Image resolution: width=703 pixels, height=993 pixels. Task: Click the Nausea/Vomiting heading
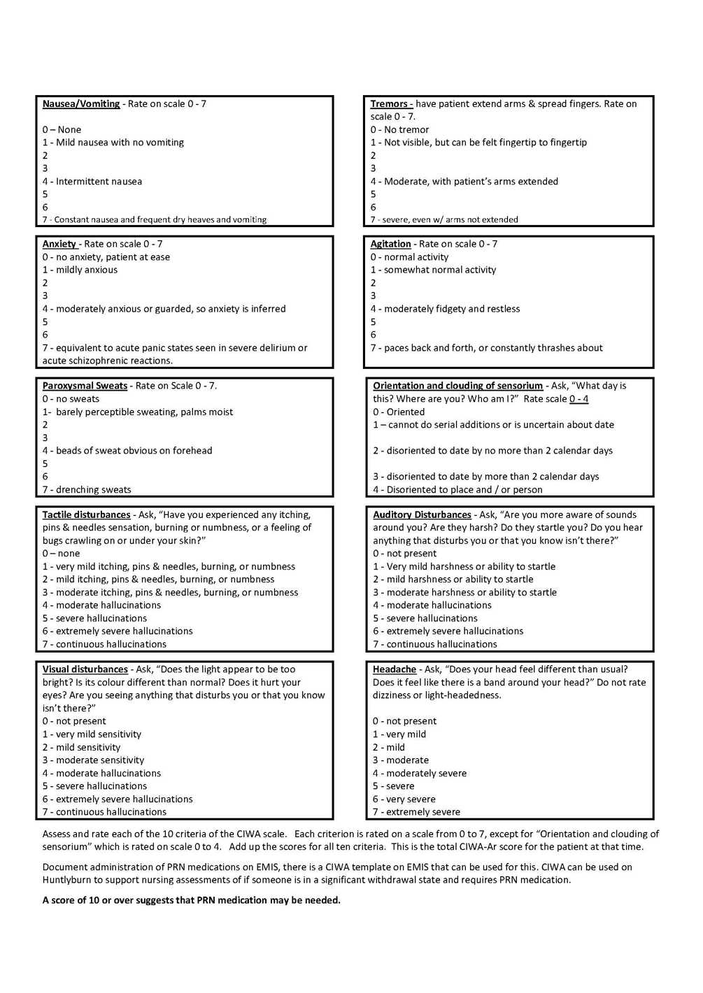81,104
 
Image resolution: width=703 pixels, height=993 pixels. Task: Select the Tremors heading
391,104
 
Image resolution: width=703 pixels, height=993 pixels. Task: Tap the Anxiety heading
59,244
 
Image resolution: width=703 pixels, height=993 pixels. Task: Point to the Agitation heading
390,244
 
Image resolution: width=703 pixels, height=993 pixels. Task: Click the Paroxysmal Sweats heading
85,386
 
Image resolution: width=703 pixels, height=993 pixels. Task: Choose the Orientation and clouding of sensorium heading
457,386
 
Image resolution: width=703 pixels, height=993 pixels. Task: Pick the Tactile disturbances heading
86,515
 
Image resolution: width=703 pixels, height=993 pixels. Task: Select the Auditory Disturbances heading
422,515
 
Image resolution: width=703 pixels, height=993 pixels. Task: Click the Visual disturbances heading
85,669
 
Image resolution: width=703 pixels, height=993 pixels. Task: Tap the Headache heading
394,669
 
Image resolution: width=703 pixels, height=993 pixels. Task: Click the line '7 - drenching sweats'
87,490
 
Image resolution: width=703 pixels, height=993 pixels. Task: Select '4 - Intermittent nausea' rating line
92,182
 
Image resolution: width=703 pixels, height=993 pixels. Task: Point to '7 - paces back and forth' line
486,348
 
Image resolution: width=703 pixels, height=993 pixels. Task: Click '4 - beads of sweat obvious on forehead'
127,451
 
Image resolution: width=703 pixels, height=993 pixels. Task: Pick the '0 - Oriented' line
399,412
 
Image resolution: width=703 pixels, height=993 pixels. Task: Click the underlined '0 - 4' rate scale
578,399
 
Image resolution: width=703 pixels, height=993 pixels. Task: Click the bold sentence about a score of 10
191,901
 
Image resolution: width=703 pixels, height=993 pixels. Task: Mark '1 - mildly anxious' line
80,270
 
